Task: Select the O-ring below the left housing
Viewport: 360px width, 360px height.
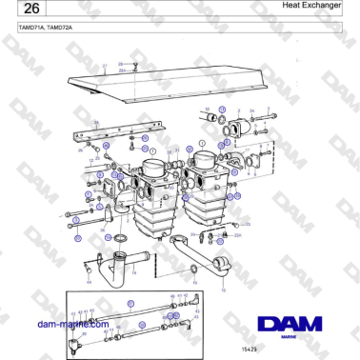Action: [121, 238]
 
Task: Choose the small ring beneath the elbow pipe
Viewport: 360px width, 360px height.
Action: [194, 279]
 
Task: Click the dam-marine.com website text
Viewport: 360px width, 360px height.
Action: [72, 325]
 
